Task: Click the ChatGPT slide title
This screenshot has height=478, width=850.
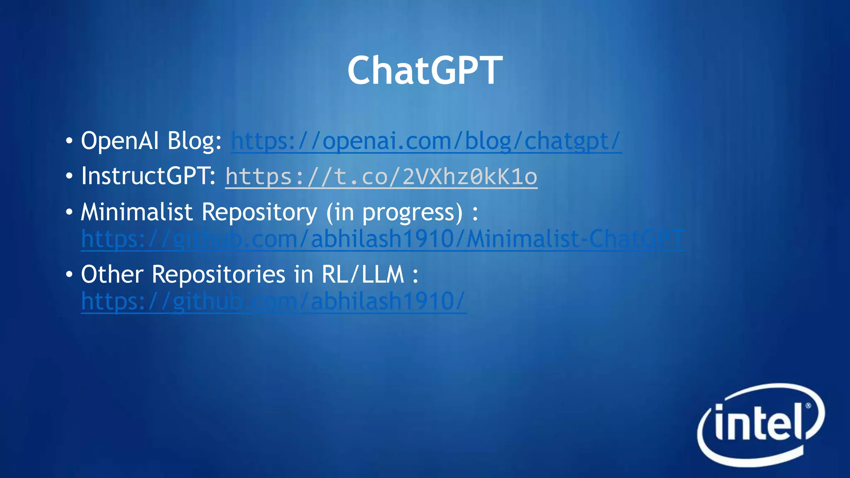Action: coord(425,71)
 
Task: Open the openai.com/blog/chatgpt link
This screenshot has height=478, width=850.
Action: coord(426,141)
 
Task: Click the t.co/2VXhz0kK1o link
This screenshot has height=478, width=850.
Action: coord(381,177)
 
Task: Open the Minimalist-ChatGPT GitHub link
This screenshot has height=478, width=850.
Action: coord(383,239)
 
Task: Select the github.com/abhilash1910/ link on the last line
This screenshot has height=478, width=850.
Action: coord(274,302)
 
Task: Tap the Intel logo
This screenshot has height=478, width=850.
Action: coord(760,425)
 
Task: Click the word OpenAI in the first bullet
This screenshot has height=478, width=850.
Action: coord(120,141)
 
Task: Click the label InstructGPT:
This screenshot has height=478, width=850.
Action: coord(148,176)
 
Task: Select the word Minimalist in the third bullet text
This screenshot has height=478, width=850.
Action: coord(137,212)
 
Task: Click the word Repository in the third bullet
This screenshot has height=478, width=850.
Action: coord(259,213)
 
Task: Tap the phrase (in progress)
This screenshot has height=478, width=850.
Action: coord(394,213)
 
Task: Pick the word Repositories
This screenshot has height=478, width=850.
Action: coord(218,275)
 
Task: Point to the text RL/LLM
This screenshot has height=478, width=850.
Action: coord(362,275)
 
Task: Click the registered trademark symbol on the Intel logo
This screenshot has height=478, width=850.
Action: coord(808,406)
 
